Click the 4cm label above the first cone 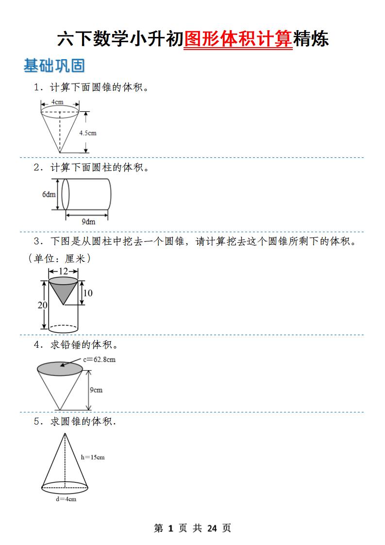(58, 102)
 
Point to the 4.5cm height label (87, 133)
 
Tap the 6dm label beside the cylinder (49, 194)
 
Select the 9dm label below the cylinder (88, 221)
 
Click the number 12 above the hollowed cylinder (63, 272)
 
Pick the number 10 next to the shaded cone (88, 293)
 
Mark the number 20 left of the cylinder (43, 305)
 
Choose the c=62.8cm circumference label (99, 359)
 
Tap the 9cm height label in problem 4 (96, 390)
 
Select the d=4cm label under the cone (65, 499)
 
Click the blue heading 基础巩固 (54, 66)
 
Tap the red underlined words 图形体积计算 (238, 39)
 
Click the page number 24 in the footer (212, 528)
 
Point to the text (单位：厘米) (59, 258)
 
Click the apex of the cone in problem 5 (65, 433)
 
